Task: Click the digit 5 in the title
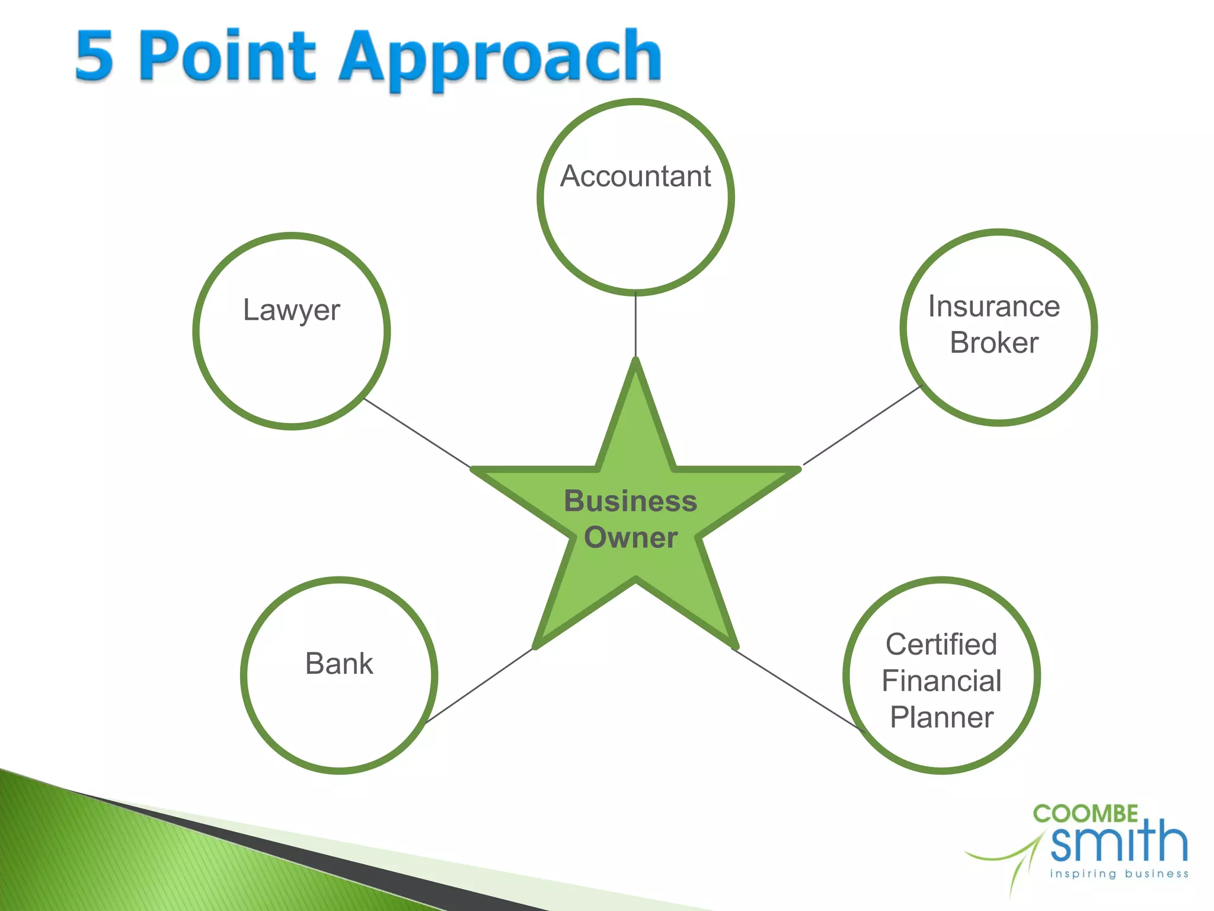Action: pyautogui.click(x=95, y=56)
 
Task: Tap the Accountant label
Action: pyautogui.click(x=635, y=176)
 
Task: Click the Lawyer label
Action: pyautogui.click(x=292, y=310)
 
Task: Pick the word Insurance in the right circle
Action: pyautogui.click(x=994, y=307)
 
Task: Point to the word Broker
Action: pyautogui.click(x=994, y=343)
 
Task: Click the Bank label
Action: pyautogui.click(x=339, y=664)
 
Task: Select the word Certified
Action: pyautogui.click(x=941, y=645)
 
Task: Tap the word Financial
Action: pyautogui.click(x=941, y=681)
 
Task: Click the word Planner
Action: pyautogui.click(x=941, y=718)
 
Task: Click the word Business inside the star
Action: pyautogui.click(x=630, y=501)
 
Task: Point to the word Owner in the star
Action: pyautogui.click(x=630, y=538)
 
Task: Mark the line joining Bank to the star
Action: pyautogui.click(x=479, y=686)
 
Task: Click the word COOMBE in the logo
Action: pyautogui.click(x=1085, y=814)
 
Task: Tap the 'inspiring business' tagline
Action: pyautogui.click(x=1119, y=874)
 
